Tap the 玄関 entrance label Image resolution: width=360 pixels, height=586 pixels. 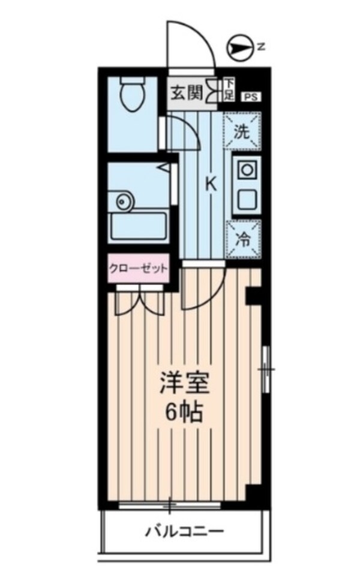click(x=186, y=93)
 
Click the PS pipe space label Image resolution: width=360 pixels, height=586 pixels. click(x=248, y=95)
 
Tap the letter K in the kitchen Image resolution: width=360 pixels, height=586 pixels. click(x=211, y=184)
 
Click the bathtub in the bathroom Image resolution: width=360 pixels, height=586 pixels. click(x=139, y=226)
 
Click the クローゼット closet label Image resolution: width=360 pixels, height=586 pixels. click(x=138, y=269)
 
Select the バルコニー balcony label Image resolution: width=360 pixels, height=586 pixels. click(x=185, y=531)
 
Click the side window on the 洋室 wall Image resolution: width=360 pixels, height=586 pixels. click(x=266, y=369)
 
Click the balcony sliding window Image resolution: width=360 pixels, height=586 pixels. click(x=170, y=505)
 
